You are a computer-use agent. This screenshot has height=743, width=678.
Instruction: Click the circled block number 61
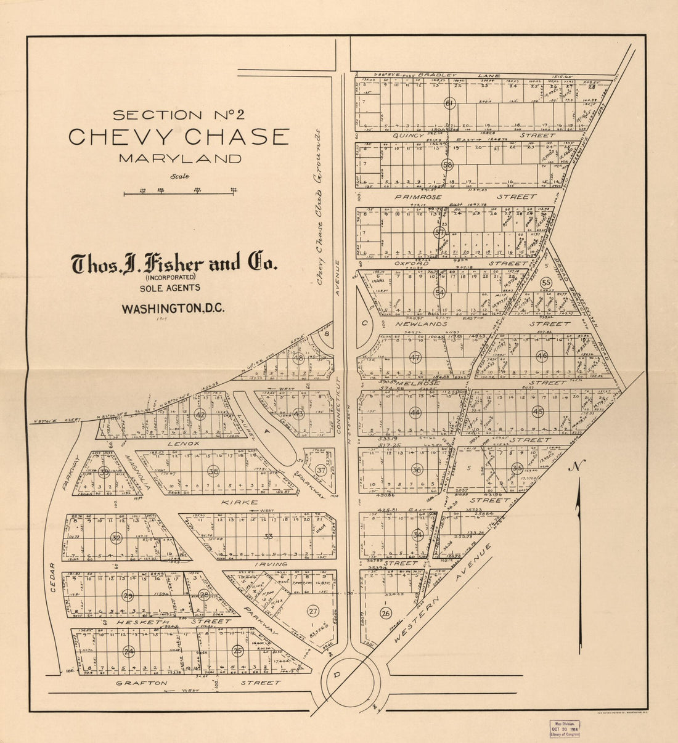[x=449, y=104]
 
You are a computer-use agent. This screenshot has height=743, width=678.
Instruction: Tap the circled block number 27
[x=313, y=611]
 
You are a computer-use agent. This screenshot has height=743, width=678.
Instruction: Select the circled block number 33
[x=268, y=537]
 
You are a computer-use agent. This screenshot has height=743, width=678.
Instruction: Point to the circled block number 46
[x=542, y=356]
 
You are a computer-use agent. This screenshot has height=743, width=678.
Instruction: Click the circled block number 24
[x=129, y=651]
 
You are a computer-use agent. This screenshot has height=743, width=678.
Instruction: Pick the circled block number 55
[x=545, y=282]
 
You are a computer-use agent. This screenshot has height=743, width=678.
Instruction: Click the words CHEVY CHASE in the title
[x=179, y=136]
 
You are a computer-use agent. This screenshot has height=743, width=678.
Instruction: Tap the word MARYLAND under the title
[x=180, y=158]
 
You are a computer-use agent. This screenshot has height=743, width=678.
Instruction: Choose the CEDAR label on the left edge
[x=53, y=577]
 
